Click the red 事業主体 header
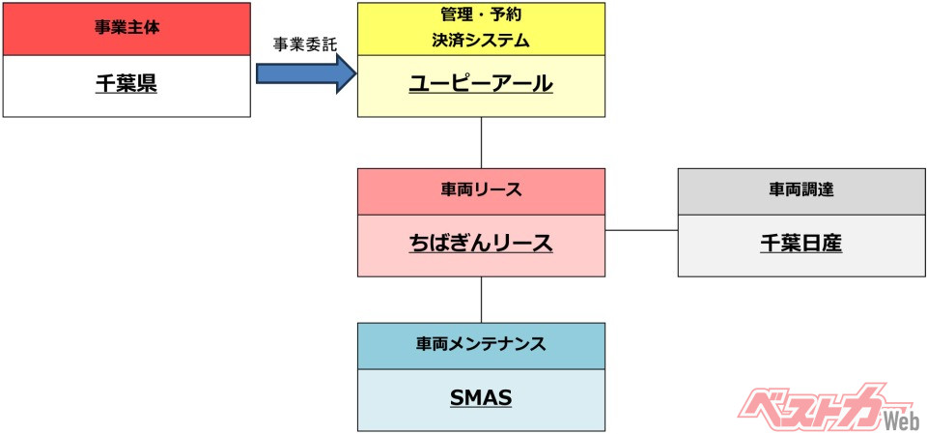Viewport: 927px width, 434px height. tap(126, 28)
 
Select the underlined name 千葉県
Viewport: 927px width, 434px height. tap(126, 84)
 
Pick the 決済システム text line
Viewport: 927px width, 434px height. tap(480, 42)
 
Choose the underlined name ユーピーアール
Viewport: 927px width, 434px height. tap(480, 84)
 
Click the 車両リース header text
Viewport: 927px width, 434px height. tap(480, 190)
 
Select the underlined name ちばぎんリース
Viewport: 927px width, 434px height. tap(480, 244)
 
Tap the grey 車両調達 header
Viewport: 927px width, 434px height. tap(801, 190)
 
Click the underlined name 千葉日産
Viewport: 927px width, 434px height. tap(801, 244)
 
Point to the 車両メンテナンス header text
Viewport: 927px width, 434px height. tap(480, 344)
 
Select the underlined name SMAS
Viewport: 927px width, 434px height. tap(480, 398)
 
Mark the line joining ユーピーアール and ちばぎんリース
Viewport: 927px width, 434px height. tap(481, 142)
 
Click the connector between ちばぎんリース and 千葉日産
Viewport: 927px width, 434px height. tap(641, 231)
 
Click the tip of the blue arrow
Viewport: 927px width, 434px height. tap(354, 73)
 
